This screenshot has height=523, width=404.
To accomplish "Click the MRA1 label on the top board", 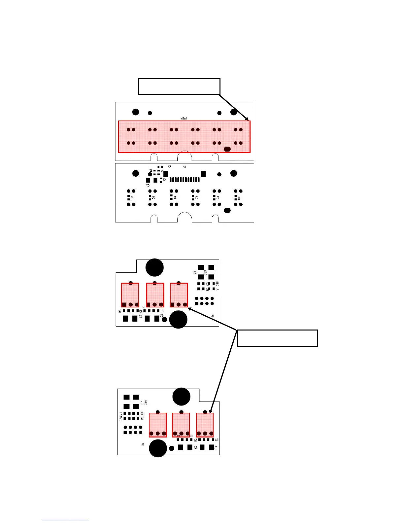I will click(184, 118).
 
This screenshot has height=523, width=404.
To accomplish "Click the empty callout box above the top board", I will click(179, 87).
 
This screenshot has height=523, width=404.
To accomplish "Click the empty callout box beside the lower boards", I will click(277, 338).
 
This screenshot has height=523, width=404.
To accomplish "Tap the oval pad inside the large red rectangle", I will click(227, 149).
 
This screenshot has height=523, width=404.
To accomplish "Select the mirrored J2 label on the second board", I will click(185, 167).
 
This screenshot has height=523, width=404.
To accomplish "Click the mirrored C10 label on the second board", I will click(239, 197).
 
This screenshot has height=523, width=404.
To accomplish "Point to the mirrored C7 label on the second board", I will click(148, 185).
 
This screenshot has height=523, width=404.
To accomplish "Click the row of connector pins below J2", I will click(185, 180).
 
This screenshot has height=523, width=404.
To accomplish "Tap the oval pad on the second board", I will click(227, 210).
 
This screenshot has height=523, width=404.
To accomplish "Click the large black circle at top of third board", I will click(154, 267).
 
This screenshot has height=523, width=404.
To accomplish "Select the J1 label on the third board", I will click(213, 316).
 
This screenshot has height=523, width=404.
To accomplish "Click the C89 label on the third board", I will click(205, 273).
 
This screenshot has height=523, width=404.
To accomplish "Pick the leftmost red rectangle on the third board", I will click(130, 295).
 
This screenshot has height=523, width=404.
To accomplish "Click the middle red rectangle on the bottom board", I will click(181, 425).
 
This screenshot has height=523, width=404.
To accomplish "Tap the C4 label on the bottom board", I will click(216, 448).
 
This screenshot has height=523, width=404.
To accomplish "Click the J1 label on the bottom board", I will click(143, 444).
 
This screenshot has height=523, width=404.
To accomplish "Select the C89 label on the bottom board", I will click(146, 403).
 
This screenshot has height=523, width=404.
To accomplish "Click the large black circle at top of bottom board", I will click(181, 397).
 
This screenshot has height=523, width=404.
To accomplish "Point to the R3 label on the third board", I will click(120, 311).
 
